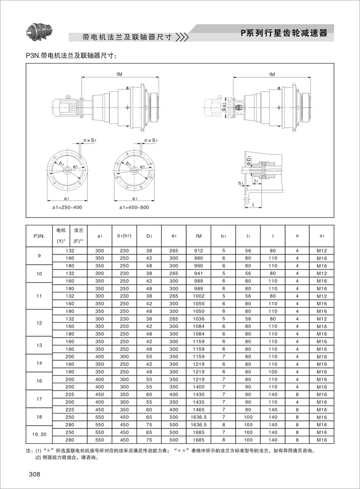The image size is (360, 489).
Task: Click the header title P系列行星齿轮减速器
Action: tap(284, 33)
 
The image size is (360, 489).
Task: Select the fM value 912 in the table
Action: tap(199, 250)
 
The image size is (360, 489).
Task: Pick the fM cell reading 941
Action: tap(199, 273)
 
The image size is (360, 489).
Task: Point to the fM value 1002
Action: tap(199, 296)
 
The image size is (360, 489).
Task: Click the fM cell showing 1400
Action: tap(199, 387)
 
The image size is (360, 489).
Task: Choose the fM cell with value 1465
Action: tap(199, 410)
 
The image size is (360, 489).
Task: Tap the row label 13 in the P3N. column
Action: tap(39, 345)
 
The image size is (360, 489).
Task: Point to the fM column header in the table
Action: tap(199, 236)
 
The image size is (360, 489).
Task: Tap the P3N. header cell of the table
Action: tap(39, 236)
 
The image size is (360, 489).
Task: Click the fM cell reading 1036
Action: tap(199, 319)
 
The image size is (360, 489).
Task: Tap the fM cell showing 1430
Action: tap(199, 395)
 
